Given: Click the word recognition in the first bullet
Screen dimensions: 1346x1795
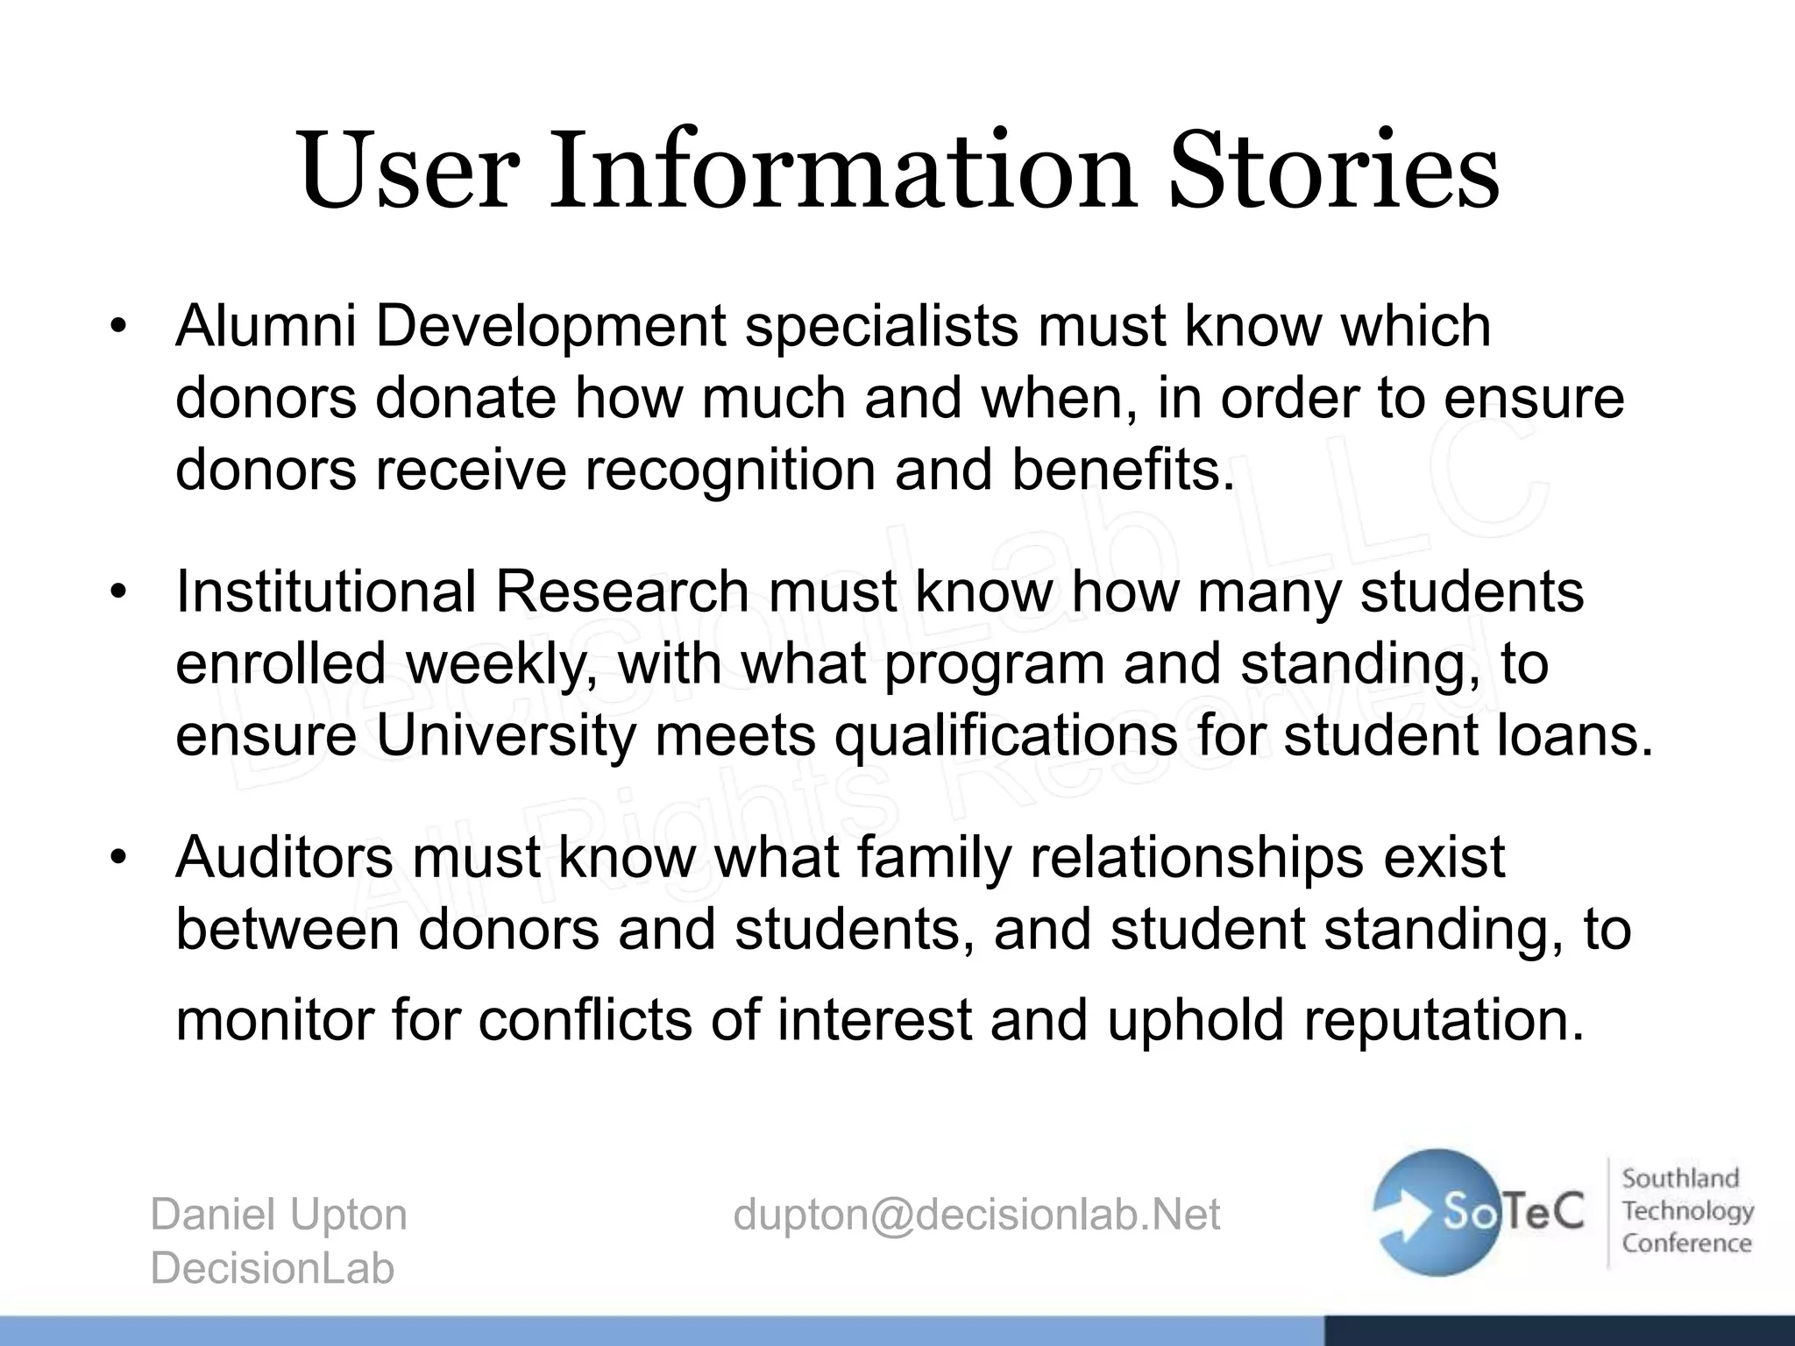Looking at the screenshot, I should (730, 470).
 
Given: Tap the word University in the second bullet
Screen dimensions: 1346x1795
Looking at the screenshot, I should (505, 735).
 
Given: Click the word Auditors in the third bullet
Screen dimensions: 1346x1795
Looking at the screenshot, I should (284, 857).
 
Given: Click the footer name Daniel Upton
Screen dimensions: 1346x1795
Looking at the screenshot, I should (279, 1215).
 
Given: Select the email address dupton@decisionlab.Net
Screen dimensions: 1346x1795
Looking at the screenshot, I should (976, 1215).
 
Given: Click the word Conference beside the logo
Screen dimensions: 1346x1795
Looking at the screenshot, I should (1686, 1243).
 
